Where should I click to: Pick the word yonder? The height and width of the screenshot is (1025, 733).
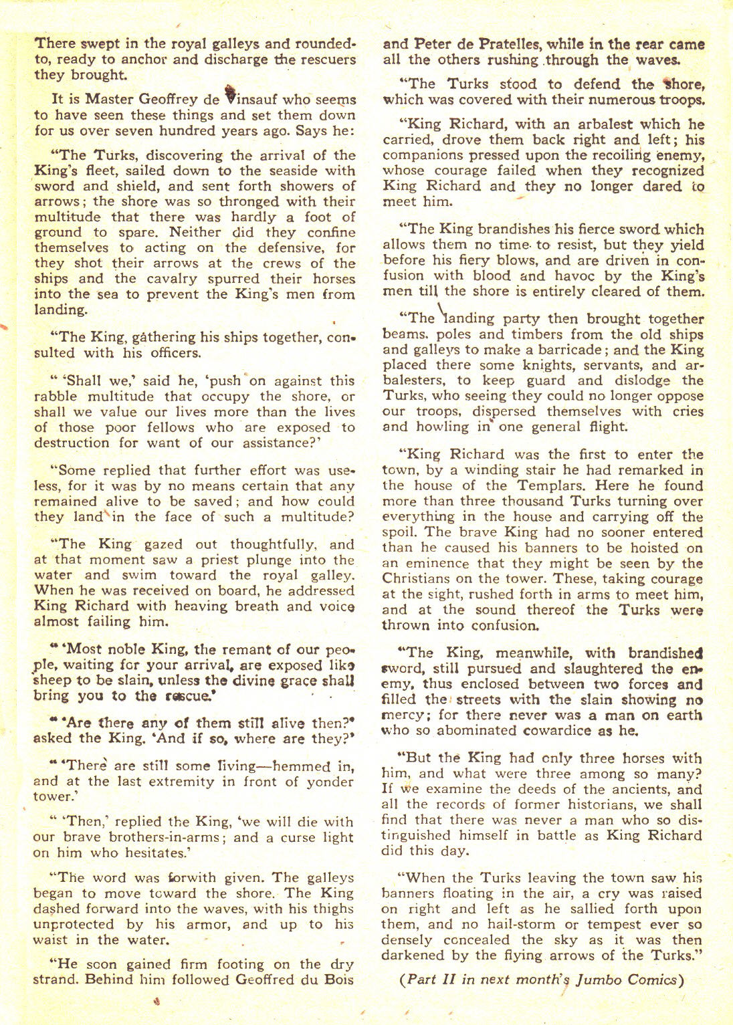click(x=328, y=782)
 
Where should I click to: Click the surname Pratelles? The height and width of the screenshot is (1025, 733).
click(x=499, y=44)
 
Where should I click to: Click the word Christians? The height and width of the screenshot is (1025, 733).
click(x=422, y=579)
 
